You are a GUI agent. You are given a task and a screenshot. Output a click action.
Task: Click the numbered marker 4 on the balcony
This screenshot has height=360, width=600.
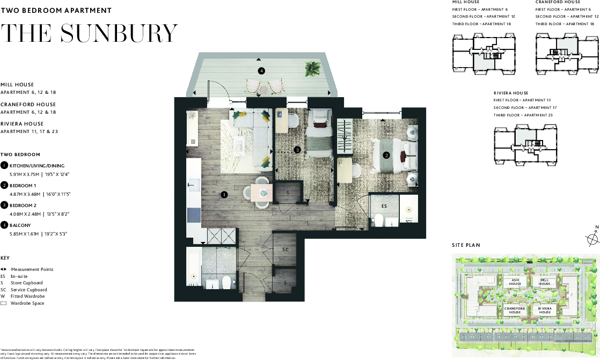261,70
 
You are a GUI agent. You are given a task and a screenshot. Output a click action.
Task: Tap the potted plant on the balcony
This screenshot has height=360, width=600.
311,69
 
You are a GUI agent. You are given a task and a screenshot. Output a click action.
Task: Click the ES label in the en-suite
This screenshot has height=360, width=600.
384,205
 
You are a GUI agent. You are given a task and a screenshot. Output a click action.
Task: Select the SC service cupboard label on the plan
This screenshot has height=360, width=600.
286,250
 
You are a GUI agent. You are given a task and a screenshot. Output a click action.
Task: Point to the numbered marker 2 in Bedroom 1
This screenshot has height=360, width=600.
386,156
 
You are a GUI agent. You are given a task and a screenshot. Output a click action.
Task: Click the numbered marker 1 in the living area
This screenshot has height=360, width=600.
224,195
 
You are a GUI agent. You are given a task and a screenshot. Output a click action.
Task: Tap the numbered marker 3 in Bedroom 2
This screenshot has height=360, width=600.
297,150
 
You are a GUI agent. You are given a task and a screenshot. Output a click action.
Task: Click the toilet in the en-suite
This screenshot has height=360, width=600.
378,219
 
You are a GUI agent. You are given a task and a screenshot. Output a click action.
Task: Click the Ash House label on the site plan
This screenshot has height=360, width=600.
515,282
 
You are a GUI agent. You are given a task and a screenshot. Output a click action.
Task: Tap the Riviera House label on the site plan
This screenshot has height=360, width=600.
544,310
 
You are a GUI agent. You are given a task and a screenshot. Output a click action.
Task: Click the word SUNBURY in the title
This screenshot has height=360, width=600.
119,34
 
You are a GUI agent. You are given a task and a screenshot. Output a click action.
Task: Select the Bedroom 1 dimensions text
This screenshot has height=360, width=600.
40,194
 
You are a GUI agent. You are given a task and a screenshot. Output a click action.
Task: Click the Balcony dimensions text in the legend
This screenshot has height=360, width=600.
38,234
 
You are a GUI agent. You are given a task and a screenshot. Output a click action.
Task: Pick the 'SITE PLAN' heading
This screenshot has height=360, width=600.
466,245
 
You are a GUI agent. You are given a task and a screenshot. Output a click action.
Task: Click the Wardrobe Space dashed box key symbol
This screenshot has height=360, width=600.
3,304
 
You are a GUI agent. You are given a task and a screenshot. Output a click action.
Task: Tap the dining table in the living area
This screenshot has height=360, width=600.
262,195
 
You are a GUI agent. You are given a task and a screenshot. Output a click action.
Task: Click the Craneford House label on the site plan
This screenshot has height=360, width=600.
515,310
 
